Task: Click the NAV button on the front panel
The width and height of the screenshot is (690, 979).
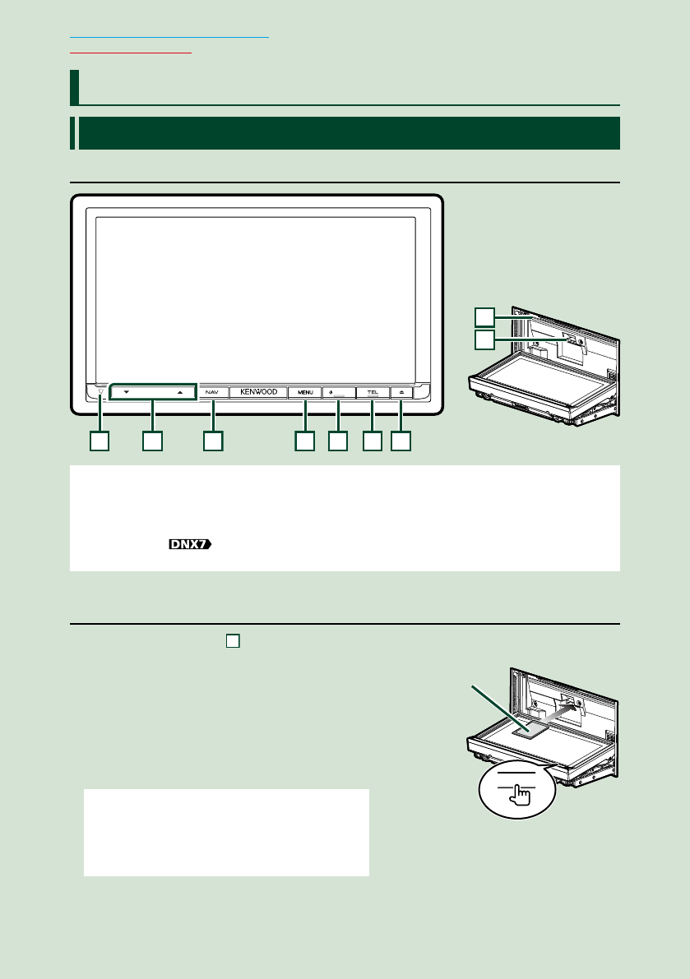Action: point(213,393)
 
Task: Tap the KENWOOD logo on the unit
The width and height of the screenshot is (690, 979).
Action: point(259,393)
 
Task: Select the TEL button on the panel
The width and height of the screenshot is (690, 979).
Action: point(373,393)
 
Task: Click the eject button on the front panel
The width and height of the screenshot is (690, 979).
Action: point(402,393)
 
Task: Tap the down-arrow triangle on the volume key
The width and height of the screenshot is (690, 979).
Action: point(127,393)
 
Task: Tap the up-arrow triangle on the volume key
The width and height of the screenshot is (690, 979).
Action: point(179,393)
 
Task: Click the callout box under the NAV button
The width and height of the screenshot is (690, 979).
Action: point(213,441)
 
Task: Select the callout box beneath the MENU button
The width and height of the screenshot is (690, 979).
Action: point(305,441)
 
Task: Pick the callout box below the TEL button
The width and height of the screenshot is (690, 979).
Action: point(373,441)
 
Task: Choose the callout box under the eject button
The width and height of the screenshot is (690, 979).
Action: point(401,441)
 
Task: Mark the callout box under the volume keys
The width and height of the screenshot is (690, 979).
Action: point(151,441)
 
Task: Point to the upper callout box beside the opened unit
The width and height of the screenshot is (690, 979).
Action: point(485,316)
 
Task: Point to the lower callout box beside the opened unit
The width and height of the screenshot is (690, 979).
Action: point(485,339)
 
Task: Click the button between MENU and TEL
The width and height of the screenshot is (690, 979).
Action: point(337,393)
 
